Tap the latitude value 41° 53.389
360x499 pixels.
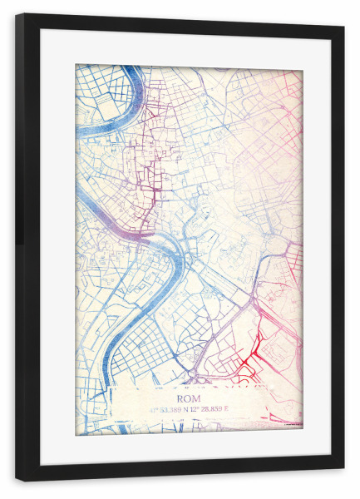(x=172, y=409)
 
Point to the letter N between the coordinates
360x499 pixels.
(x=196, y=409)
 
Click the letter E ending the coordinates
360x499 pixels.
(x=239, y=409)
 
